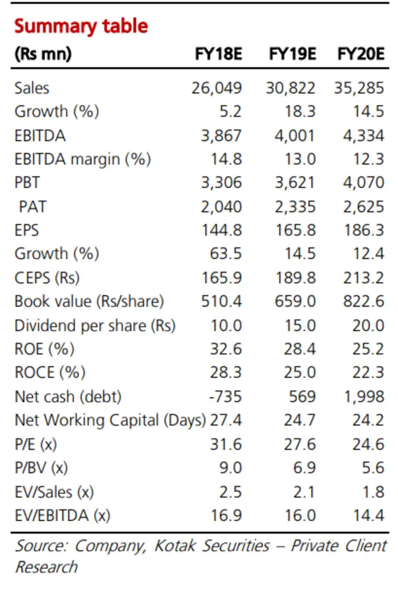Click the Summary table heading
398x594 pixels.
[81, 27]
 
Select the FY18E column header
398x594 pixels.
[218, 54]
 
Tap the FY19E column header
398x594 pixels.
[292, 54]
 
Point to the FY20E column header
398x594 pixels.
[361, 54]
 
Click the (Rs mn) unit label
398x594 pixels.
[43, 54]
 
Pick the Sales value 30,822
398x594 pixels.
[291, 88]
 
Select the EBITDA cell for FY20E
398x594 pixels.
[363, 135]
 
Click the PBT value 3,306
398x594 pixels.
[221, 183]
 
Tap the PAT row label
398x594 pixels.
[32, 207]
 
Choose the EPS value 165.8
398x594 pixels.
[296, 230]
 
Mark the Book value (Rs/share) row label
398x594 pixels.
[89, 302]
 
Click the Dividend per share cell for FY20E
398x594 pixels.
[368, 325]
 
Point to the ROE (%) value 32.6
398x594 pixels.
[226, 349]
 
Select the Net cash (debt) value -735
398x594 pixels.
[225, 397]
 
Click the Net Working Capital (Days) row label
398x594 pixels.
[110, 420]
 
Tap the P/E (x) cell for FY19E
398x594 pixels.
[300, 444]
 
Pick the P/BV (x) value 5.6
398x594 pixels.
[373, 468]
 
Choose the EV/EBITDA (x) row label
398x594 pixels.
[63, 515]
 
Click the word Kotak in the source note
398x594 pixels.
[175, 546]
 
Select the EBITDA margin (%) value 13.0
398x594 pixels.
[300, 159]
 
